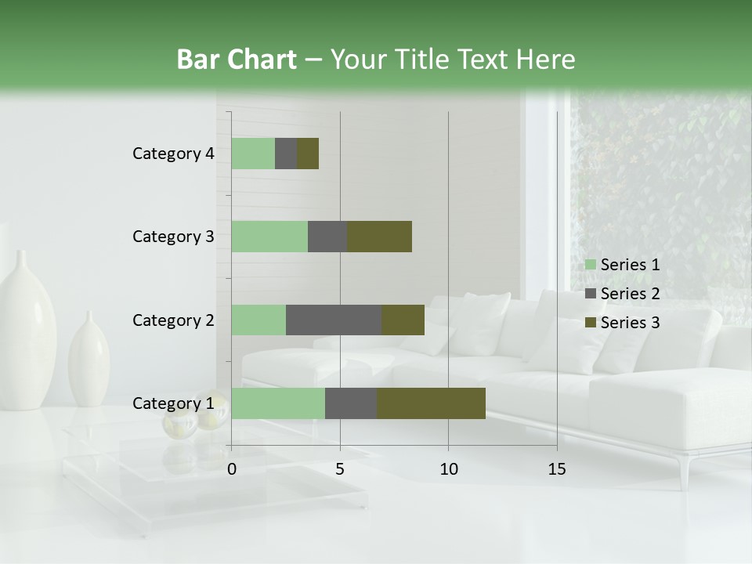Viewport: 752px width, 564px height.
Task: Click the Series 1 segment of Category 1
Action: point(278,403)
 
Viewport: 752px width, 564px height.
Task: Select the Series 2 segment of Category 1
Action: point(351,403)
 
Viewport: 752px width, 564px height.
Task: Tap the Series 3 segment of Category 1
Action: point(431,403)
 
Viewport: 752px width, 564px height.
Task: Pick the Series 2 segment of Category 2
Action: point(334,320)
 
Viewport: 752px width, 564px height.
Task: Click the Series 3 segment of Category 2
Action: point(403,320)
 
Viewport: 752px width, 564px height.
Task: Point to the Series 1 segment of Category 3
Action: point(269,237)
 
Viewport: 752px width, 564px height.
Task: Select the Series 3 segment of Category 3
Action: point(379,237)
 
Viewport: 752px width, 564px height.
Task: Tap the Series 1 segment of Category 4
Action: point(253,154)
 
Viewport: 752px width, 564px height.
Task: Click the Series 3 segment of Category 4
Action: point(308,154)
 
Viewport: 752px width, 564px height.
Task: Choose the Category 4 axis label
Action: point(173,154)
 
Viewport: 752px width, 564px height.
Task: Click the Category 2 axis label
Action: point(173,320)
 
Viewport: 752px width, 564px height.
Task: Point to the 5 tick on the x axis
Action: point(340,469)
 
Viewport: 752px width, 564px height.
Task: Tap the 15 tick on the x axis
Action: point(557,469)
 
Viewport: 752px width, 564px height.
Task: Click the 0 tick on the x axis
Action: point(232,469)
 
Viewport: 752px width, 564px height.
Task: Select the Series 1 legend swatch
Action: point(591,265)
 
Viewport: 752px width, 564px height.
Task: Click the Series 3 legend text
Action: point(630,323)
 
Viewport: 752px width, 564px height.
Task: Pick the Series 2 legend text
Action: point(630,294)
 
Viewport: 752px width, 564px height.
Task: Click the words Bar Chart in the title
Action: point(237,60)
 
